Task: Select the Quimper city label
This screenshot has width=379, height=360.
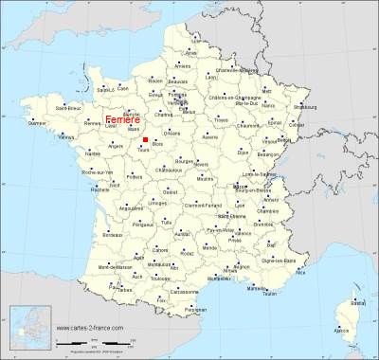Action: click(37, 123)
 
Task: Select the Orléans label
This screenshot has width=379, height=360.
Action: click(172, 135)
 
